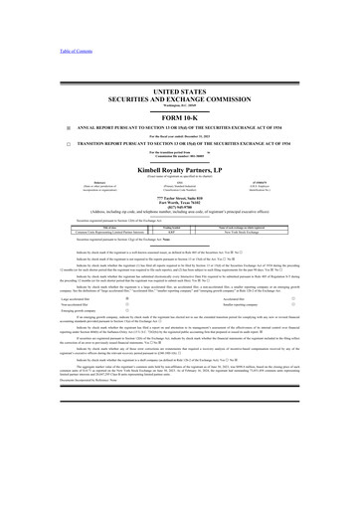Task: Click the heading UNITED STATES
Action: pyautogui.click(x=179, y=89)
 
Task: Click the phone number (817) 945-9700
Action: pyautogui.click(x=179, y=210)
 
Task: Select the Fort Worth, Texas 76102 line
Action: pyautogui.click(x=179, y=204)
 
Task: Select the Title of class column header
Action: pyautogui.click(x=68, y=225)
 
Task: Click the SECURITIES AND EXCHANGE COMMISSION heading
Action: pyautogui.click(x=179, y=98)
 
